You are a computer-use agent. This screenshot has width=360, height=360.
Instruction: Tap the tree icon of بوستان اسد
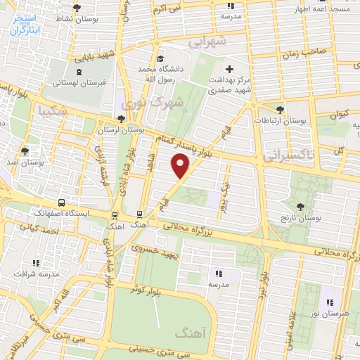26,151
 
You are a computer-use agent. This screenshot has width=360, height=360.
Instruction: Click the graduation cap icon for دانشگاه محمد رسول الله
162,59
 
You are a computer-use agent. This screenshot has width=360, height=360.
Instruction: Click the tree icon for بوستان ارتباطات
281,109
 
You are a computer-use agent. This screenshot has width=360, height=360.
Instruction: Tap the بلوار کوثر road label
149,288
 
